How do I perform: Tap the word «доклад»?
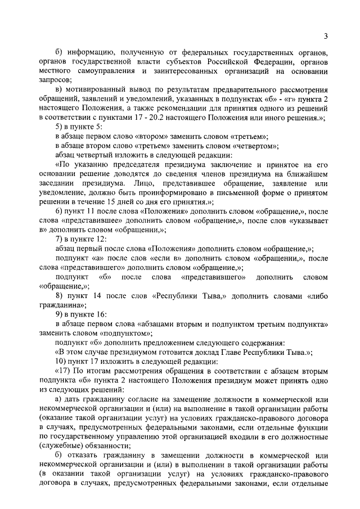pos(203,351)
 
